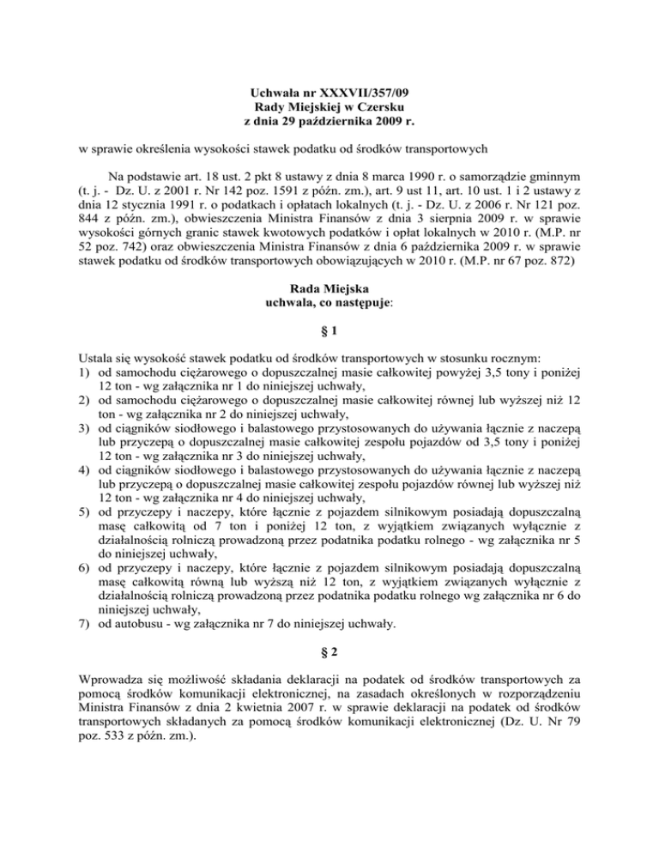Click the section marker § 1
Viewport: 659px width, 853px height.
pyautogui.click(x=329, y=330)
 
